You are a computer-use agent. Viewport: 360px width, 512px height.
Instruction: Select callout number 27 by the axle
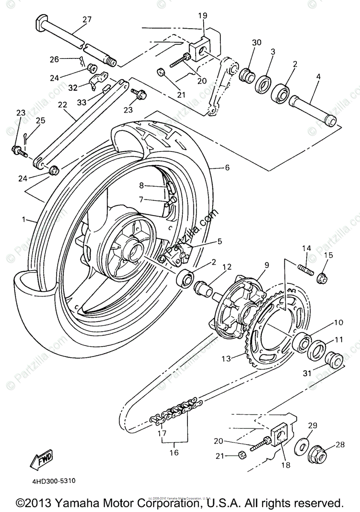tap(87, 19)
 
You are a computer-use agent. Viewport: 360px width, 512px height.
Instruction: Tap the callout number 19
tap(202, 16)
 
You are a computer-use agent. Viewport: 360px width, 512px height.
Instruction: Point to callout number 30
tap(256, 43)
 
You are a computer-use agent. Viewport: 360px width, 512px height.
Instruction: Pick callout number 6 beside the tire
tap(227, 168)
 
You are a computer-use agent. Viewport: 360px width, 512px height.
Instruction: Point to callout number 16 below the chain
tap(174, 452)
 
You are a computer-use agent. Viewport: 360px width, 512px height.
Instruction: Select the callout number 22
tap(63, 105)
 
